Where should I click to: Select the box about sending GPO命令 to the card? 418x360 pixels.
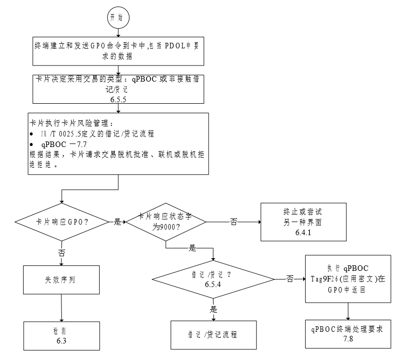118,51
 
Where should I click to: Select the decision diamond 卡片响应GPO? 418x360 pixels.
62,222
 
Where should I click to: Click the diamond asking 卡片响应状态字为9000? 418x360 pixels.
165,222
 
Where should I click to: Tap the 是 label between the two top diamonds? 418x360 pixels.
118,222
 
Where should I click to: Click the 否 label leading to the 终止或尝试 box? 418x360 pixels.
233,222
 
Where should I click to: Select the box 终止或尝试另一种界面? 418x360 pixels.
304,222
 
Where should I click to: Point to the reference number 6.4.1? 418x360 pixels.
304,233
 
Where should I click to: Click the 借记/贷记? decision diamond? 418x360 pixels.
214,279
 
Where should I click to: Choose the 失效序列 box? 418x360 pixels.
61,280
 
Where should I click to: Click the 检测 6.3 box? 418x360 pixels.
61,336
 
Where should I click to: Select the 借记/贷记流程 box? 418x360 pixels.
214,335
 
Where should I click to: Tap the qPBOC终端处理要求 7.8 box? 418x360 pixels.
347,333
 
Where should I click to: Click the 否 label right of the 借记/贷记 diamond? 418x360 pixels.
290,279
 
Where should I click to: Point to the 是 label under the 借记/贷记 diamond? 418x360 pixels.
214,309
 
